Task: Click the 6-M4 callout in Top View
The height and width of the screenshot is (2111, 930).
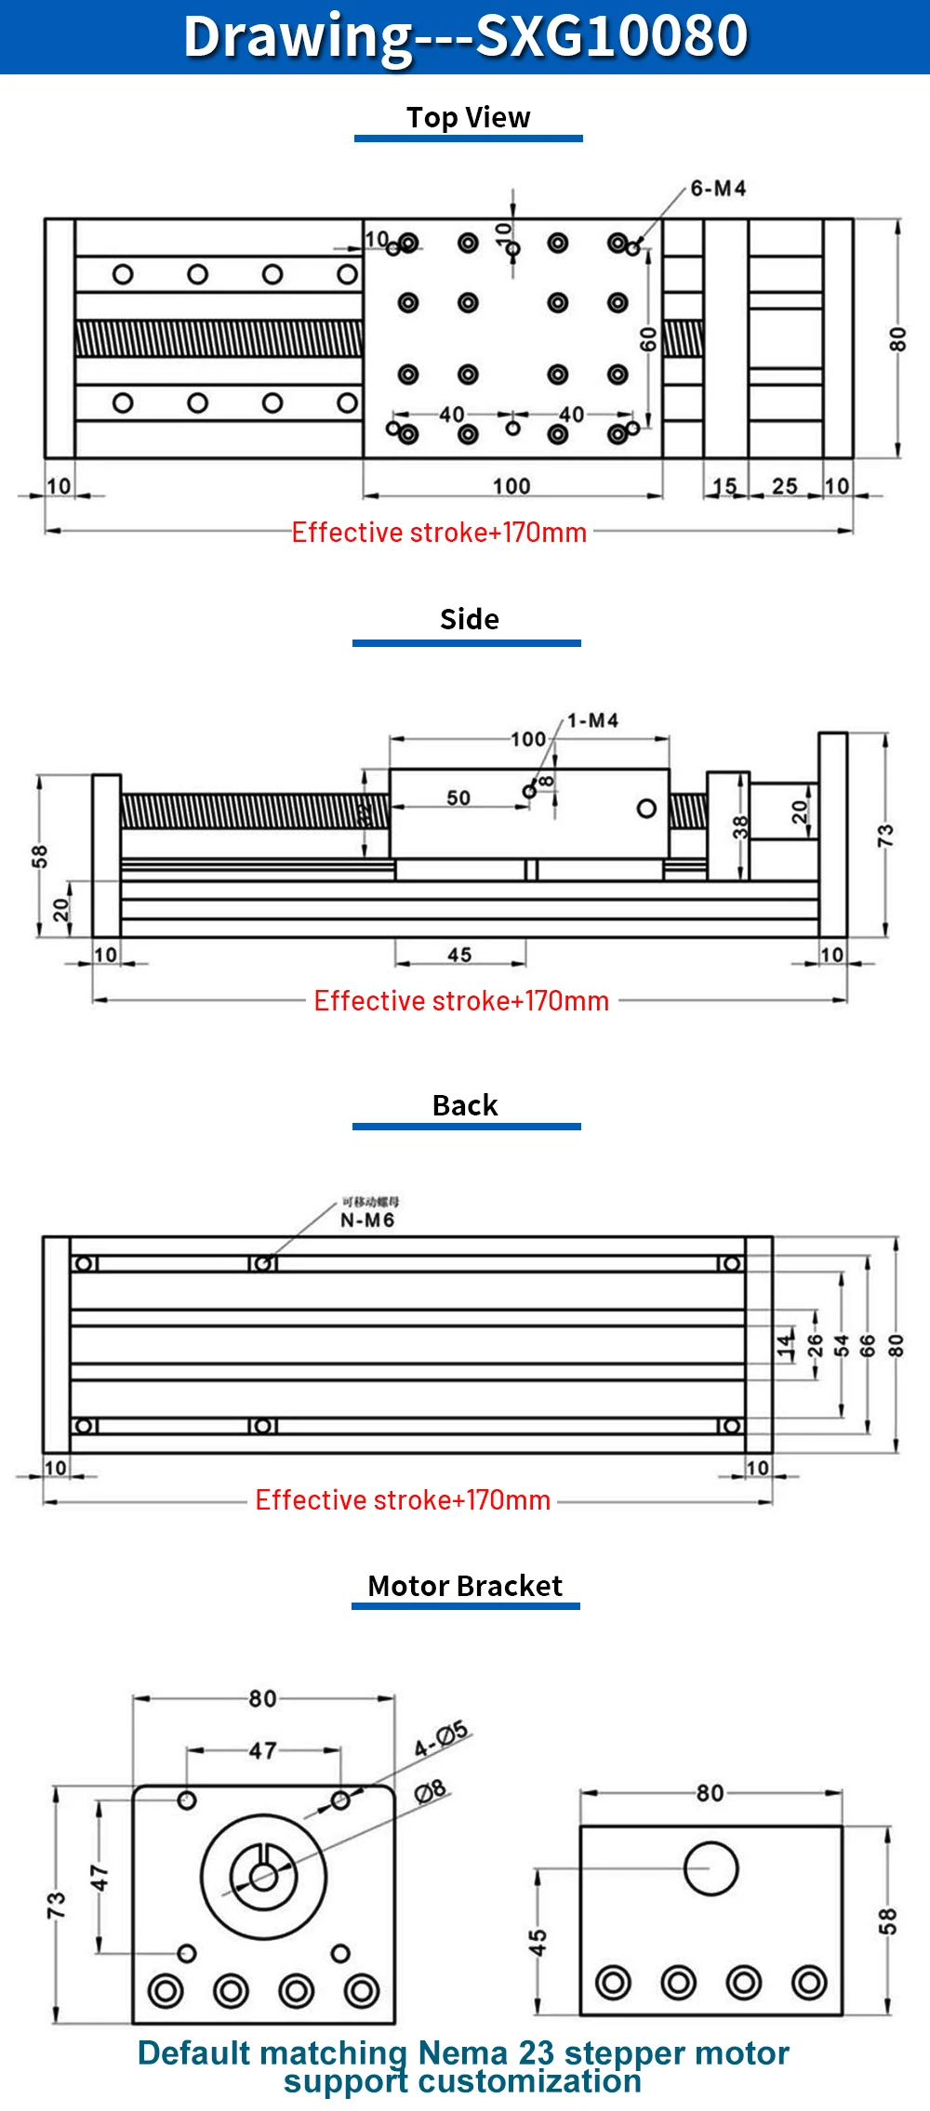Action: point(718,189)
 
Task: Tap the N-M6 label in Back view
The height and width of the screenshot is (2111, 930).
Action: point(367,1220)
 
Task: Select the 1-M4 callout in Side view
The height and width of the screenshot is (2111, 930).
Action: point(592,720)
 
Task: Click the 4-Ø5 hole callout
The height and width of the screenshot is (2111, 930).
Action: point(442,1739)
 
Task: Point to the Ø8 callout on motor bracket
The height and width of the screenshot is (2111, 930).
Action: point(430,1790)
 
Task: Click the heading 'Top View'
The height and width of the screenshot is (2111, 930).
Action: point(468,118)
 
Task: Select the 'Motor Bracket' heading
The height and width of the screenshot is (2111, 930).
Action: point(465,1586)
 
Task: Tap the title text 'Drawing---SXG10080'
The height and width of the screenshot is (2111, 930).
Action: point(465,36)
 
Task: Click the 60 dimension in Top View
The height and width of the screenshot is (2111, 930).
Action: point(648,339)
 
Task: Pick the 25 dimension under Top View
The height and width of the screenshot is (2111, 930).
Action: point(785,486)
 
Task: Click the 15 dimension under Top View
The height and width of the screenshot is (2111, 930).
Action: point(724,486)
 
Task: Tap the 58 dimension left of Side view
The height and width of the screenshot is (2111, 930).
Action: point(39,856)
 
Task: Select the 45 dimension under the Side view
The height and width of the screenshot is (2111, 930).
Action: point(459,955)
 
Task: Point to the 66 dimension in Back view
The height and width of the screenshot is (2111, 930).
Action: point(868,1345)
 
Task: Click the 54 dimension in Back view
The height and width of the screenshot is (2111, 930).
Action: point(842,1345)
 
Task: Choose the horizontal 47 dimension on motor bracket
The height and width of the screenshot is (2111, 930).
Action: point(263,1751)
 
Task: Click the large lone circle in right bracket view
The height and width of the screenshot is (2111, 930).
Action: point(711,1868)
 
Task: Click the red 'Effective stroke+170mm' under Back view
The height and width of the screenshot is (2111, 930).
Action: point(403,1500)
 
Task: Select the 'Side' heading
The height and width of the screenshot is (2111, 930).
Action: point(469,619)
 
